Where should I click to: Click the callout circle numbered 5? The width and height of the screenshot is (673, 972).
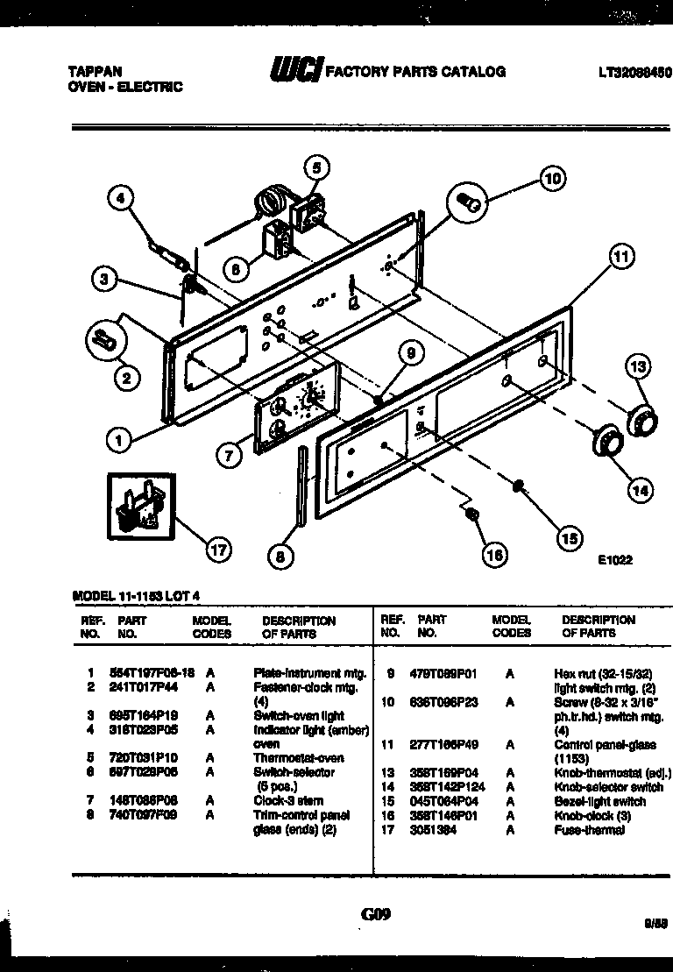click(x=317, y=167)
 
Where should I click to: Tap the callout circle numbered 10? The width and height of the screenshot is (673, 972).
click(x=551, y=180)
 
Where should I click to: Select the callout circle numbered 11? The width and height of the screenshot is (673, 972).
click(x=620, y=257)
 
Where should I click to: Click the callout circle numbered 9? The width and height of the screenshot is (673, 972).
click(x=407, y=353)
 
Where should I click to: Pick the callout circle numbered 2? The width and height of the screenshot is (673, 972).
click(x=126, y=379)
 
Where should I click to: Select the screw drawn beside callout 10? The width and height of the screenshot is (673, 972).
click(x=469, y=204)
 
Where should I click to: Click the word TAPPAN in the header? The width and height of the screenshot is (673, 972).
click(x=94, y=72)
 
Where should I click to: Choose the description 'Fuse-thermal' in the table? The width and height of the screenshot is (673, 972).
click(x=590, y=829)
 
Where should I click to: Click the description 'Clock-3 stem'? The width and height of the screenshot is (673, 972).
click(x=288, y=800)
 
